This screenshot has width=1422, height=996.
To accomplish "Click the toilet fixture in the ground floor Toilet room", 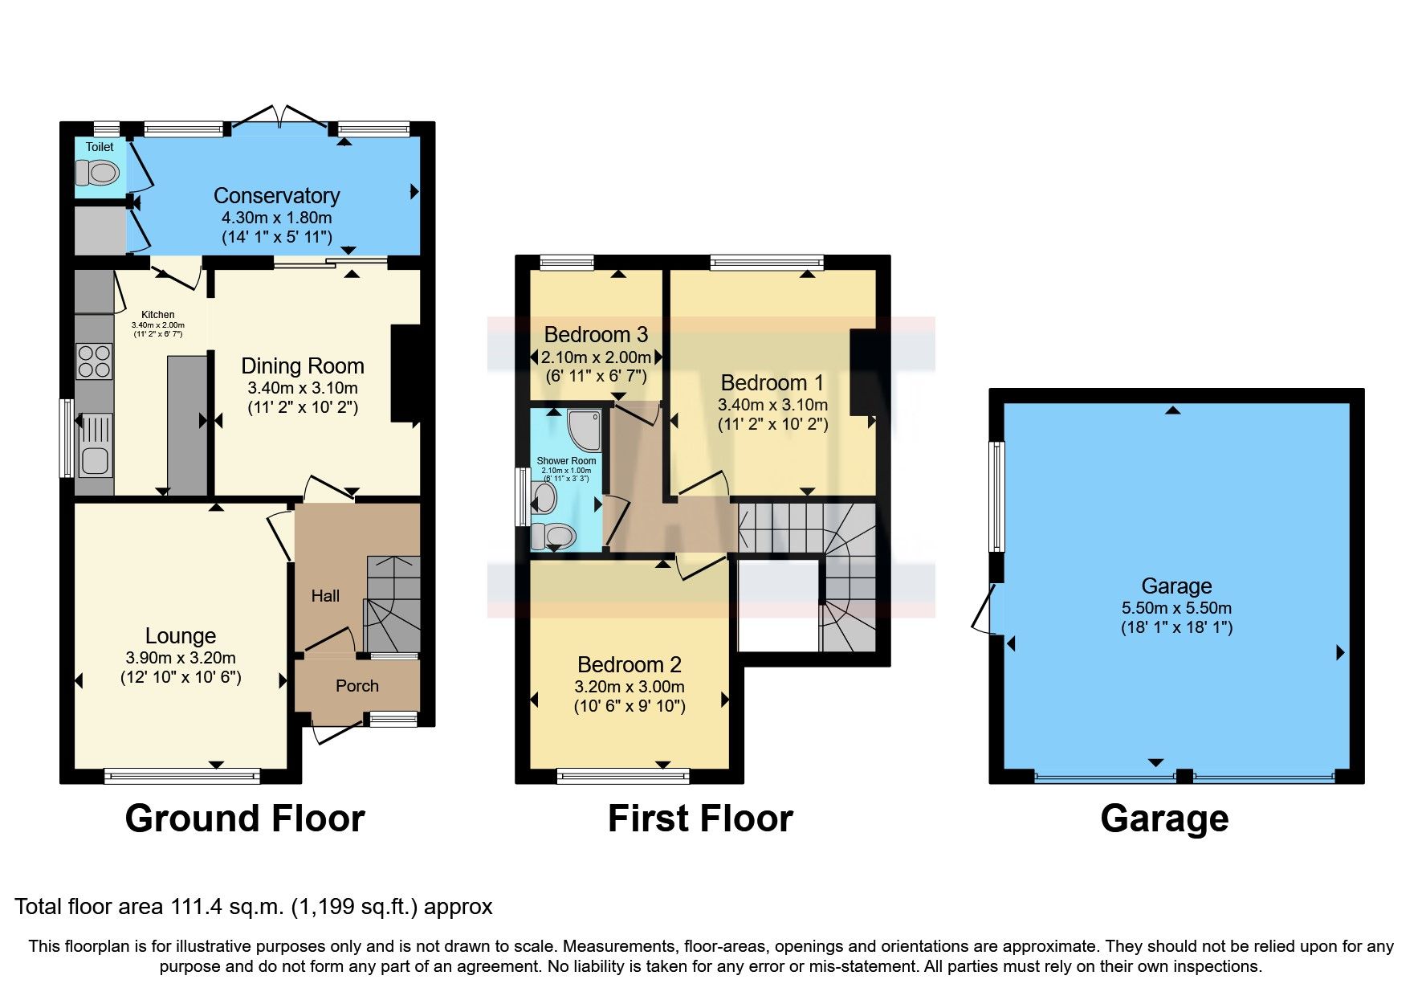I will [x=98, y=172].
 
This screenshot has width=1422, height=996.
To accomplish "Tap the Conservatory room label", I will [x=276, y=195].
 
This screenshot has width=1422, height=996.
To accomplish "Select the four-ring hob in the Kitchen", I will [x=94, y=361].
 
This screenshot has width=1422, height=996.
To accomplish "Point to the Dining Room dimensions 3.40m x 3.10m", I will [x=303, y=388].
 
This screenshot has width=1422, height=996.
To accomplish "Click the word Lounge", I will [x=181, y=635].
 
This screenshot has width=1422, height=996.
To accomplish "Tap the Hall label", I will [x=325, y=595].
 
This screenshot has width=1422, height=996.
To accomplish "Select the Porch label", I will [x=357, y=685].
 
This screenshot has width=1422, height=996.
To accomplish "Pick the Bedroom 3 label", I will [x=596, y=334].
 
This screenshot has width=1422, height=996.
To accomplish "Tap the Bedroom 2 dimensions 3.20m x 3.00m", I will [x=630, y=687].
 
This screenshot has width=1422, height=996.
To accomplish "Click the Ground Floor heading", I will [x=245, y=818].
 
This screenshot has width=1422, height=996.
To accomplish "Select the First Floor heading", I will [x=700, y=818].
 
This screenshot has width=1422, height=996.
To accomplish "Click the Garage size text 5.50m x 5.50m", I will [x=1176, y=608].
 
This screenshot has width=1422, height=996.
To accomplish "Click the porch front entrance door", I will [x=337, y=730].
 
